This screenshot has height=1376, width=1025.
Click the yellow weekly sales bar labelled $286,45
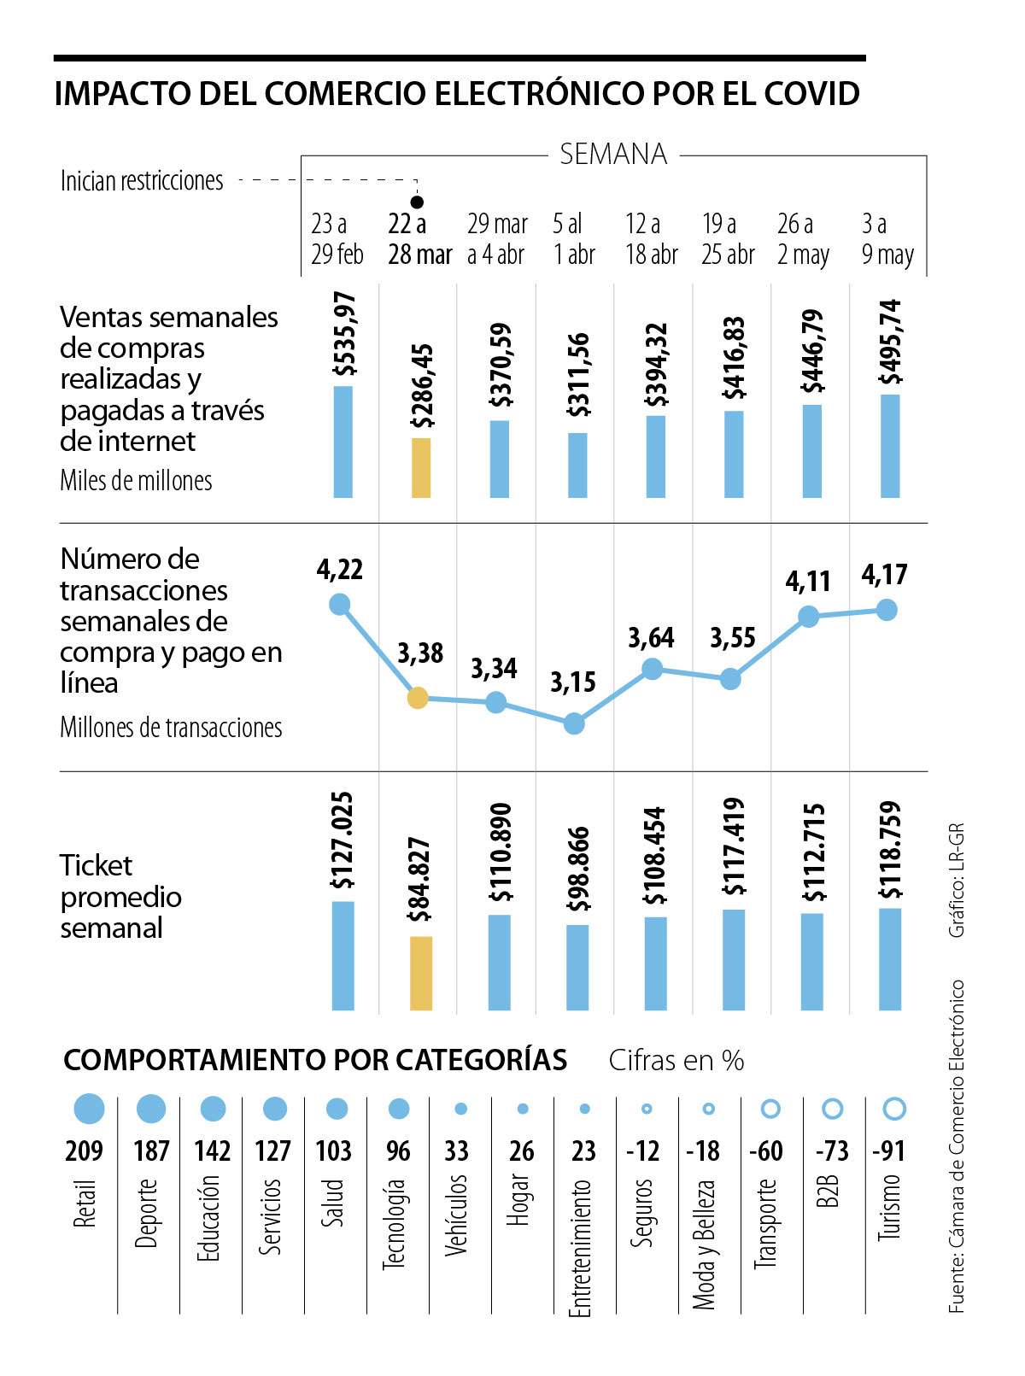click(x=421, y=467)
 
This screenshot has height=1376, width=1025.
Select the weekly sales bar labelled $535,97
click(x=343, y=442)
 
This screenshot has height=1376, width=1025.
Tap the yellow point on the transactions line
click(x=418, y=698)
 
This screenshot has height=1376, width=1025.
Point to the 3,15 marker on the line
click(x=574, y=724)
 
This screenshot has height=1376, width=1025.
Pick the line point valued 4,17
click(x=887, y=610)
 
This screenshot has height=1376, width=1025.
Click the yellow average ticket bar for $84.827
click(x=421, y=973)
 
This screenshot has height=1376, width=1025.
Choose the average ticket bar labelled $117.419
click(x=734, y=959)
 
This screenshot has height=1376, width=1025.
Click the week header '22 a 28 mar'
click(x=419, y=239)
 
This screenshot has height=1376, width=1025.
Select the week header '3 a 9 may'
click(x=887, y=239)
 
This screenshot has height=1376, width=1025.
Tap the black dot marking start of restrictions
click(x=418, y=202)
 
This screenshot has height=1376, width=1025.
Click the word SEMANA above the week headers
click(x=613, y=155)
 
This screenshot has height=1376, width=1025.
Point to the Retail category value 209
click(x=84, y=1151)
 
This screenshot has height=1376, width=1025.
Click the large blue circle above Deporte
click(x=151, y=1109)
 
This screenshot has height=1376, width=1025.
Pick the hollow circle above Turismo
click(x=893, y=1109)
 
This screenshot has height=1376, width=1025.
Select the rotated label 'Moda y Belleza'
click(x=704, y=1244)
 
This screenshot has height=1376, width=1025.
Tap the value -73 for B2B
click(x=831, y=1151)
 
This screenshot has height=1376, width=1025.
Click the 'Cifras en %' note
click(x=676, y=1061)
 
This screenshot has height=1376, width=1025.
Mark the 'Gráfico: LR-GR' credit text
click(x=957, y=880)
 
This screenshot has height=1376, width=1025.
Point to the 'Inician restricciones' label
click(x=142, y=181)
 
